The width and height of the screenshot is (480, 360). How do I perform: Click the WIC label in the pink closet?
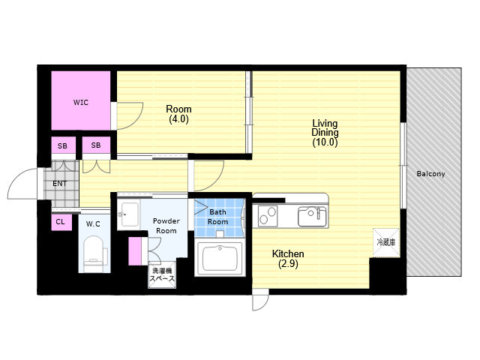[81, 103]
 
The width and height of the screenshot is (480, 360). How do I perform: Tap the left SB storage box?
[63, 145]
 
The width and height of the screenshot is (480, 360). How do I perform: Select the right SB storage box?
[96, 145]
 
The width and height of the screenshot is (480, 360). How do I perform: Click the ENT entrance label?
[60, 184]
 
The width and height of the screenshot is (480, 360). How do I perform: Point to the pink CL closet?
[61, 222]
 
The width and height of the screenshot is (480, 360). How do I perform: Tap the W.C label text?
[93, 224]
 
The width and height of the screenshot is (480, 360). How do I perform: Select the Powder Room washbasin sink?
[128, 214]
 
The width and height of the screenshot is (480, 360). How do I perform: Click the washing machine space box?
[162, 274]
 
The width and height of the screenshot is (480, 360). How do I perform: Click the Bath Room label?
[218, 217]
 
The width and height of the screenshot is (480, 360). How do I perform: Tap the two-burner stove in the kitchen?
[268, 216]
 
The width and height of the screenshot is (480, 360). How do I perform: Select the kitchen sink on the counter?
[312, 217]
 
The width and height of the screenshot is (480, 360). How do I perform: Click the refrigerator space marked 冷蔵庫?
[386, 242]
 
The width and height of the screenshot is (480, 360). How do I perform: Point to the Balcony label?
[430, 174]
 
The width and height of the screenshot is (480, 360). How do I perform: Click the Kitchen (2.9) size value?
[288, 264]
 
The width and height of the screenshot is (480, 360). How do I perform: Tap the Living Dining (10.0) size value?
[325, 142]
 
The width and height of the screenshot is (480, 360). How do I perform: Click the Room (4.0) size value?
[178, 119]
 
